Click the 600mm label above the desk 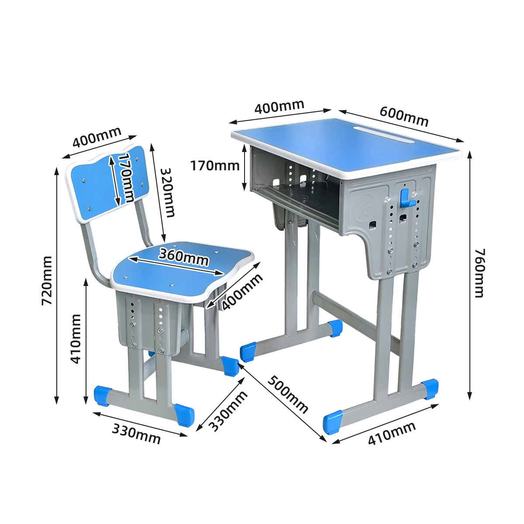[x=404, y=117]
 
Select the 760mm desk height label [x=479, y=273]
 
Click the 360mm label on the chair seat [x=184, y=257]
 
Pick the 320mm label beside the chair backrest [x=167, y=193]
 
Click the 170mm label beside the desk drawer [x=215, y=165]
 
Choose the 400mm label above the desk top [x=279, y=107]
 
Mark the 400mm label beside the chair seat [x=242, y=292]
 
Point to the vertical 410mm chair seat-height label [x=76, y=339]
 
